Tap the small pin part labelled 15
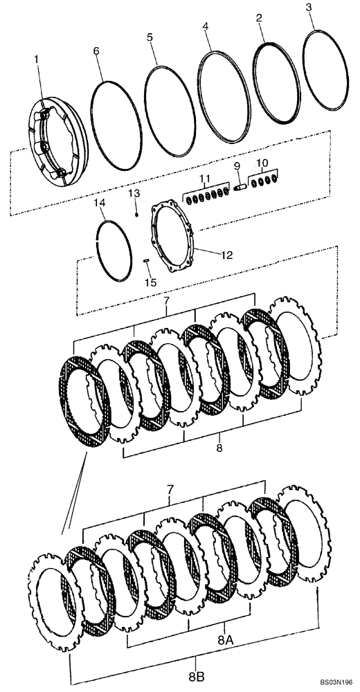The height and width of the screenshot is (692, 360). tap(147, 260)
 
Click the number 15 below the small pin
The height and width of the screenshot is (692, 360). tap(150, 282)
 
